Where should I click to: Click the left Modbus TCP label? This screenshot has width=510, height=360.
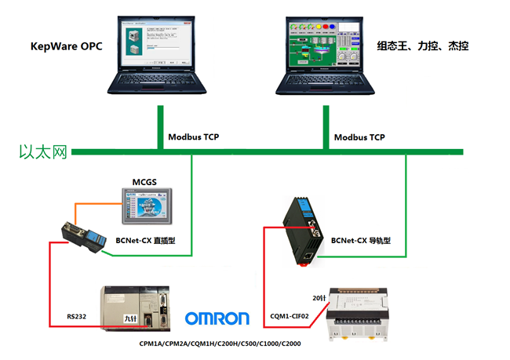tap(193, 136)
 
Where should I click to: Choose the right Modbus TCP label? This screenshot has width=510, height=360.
tap(359, 136)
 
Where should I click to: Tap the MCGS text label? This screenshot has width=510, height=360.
tap(144, 183)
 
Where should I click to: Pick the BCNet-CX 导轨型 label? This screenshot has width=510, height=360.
tap(360, 241)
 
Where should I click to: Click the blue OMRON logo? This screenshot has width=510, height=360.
tap(217, 318)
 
